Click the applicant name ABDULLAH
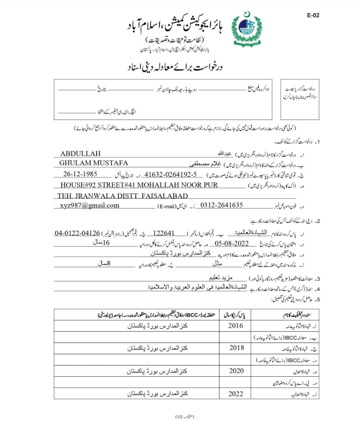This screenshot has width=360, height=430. click(81, 153)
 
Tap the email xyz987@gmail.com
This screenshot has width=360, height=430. click(89, 205)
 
